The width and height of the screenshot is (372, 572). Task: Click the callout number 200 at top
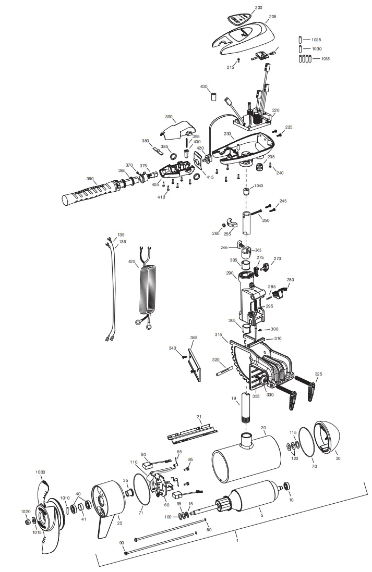[x=258, y=8]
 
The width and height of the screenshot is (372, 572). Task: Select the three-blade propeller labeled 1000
[x=45, y=516]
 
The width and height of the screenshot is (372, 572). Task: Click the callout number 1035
[x=326, y=59]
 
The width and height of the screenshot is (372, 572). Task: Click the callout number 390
[x=169, y=117]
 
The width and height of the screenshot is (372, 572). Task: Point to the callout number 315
[x=218, y=334]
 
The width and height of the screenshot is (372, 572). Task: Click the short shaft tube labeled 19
[x=245, y=408]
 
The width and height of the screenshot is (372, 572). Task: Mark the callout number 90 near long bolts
[x=122, y=543]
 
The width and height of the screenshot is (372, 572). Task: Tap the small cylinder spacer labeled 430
[x=213, y=97]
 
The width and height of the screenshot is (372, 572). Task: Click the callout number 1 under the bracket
[x=237, y=540]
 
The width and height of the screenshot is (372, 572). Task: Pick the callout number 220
[x=275, y=110]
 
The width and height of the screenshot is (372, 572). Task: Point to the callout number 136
[x=122, y=242]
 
